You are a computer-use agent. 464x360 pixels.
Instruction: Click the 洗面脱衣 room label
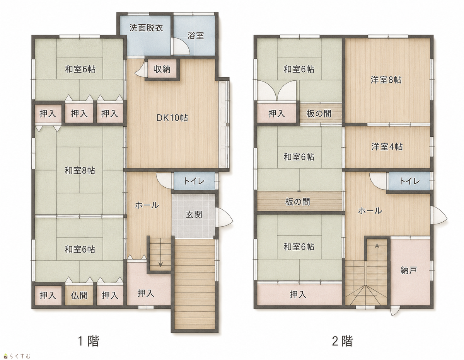point(146,28)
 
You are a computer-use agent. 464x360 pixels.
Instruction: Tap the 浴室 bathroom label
point(195,36)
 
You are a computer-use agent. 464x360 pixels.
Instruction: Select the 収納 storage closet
point(162,69)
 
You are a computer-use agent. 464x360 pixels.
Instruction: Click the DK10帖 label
point(172,118)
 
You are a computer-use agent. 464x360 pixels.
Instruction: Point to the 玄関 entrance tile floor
point(193,216)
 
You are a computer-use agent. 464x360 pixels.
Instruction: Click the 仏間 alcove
point(79,295)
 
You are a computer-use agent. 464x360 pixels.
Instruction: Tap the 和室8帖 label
point(80,170)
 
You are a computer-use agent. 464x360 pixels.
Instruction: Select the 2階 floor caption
point(342,341)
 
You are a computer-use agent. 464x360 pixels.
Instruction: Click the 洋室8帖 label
point(386,80)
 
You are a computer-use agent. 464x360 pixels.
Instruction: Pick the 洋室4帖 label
point(387,147)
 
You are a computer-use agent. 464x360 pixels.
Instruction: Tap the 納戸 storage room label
point(408,270)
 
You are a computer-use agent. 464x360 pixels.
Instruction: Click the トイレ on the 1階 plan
point(194,181)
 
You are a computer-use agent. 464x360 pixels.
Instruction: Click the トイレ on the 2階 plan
point(409,181)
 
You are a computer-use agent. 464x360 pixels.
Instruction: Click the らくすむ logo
point(17,356)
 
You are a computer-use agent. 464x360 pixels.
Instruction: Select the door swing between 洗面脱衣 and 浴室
point(181,46)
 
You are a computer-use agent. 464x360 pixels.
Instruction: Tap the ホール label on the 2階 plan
point(370,211)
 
